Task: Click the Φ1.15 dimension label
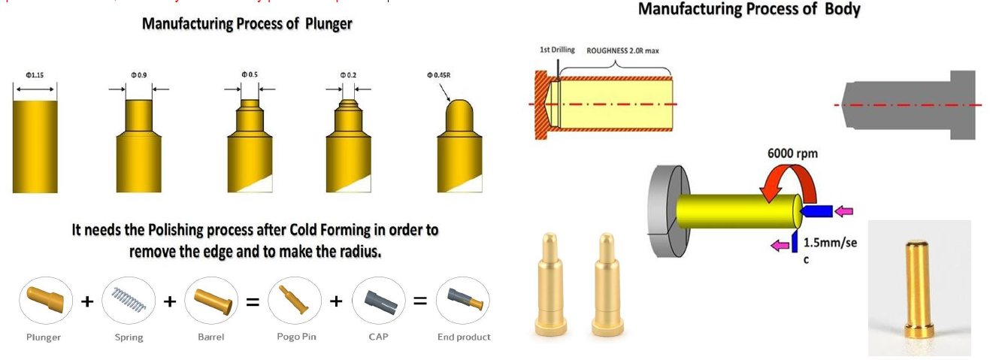(35, 75)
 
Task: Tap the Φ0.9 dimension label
(138, 75)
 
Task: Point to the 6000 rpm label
(792, 153)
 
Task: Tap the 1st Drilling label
(557, 50)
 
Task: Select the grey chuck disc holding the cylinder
(665, 210)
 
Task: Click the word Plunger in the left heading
(328, 24)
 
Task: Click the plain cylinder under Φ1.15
(35, 147)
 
